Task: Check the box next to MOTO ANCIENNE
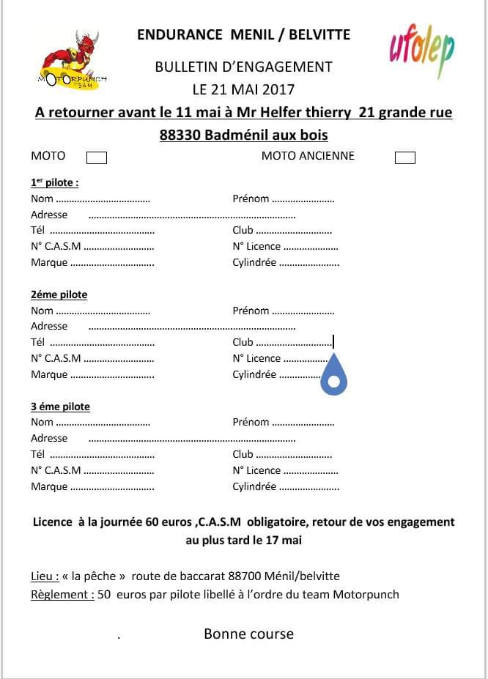click(x=404, y=157)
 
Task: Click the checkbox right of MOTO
click(x=97, y=157)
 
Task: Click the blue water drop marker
click(x=334, y=374)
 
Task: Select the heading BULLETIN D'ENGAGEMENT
click(x=243, y=67)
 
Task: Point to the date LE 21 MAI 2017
click(x=243, y=90)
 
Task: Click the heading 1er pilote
click(x=54, y=183)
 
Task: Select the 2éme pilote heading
click(x=59, y=294)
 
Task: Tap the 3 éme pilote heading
click(x=60, y=407)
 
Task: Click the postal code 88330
click(x=180, y=135)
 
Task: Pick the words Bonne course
click(x=248, y=634)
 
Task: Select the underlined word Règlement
click(x=62, y=595)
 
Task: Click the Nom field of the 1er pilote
click(x=102, y=199)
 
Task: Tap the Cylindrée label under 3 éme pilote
click(x=254, y=486)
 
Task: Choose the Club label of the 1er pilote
click(x=243, y=231)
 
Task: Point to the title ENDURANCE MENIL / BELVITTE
click(x=243, y=34)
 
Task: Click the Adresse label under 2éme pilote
click(x=49, y=327)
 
